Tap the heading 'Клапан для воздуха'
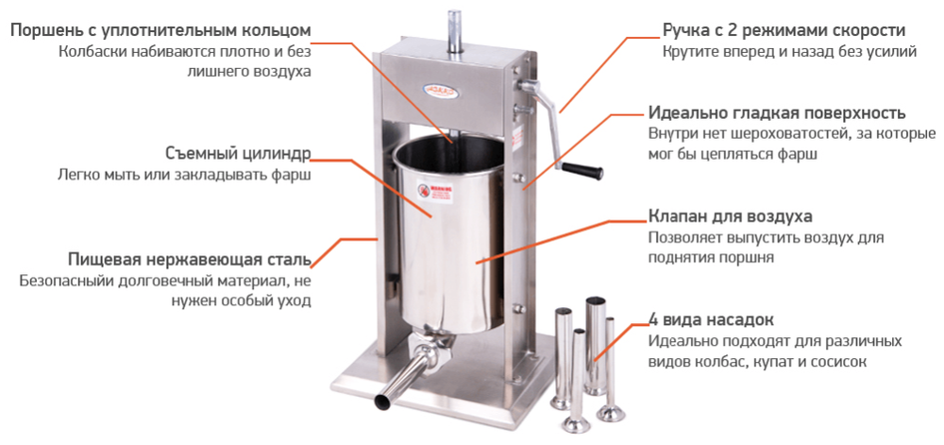click(x=730, y=216)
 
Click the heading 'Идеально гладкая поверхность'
click(x=777, y=112)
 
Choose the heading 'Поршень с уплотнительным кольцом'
click(x=160, y=30)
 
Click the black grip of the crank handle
click(x=582, y=171)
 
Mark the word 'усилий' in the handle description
click(x=894, y=52)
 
